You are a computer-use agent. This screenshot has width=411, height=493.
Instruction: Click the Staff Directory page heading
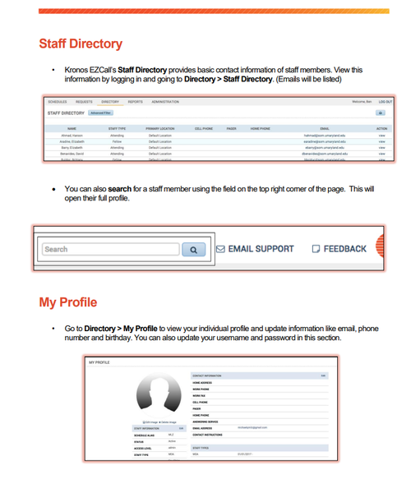[81, 43]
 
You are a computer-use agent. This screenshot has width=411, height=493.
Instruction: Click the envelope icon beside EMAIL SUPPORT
[219, 248]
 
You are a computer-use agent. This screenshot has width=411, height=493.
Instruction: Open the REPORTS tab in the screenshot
[135, 102]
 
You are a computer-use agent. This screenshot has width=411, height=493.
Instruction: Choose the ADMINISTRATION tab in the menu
[164, 102]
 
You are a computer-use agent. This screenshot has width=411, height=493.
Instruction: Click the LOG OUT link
[386, 102]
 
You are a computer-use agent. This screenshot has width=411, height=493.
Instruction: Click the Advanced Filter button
[100, 113]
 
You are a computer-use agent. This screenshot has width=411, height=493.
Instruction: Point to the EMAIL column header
[324, 129]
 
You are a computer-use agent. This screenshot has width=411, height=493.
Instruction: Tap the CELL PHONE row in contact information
[201, 402]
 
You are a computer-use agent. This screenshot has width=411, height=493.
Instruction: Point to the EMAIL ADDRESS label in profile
[204, 427]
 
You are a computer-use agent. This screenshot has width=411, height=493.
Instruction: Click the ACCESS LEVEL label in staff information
[144, 447]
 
